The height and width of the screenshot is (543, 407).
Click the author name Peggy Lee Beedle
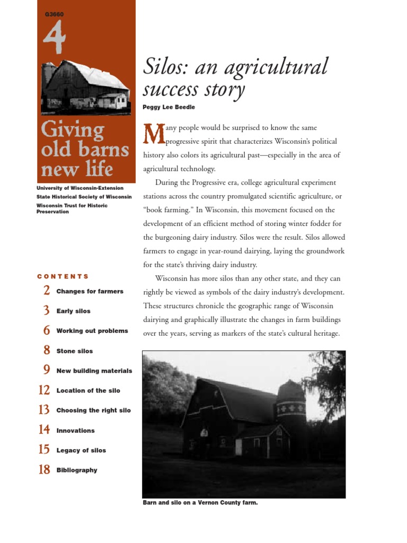point(169,107)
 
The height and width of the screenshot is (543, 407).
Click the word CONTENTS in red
point(63,276)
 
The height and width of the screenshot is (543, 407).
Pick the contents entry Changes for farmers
point(90,291)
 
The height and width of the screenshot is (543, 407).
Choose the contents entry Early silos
point(73,311)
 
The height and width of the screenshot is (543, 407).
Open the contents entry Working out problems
point(92,331)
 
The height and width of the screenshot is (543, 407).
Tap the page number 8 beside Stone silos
point(47,351)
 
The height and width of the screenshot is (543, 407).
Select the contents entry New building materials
point(94,371)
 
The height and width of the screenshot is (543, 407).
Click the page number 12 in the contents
point(45,390)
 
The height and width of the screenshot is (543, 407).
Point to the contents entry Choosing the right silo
point(93,410)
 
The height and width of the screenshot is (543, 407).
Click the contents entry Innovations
point(75,431)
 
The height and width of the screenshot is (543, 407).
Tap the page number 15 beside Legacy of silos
point(45,450)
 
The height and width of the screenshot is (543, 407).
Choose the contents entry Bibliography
point(77,470)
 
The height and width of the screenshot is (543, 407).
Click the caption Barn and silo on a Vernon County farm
point(200,503)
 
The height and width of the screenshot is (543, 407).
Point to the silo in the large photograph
point(291,414)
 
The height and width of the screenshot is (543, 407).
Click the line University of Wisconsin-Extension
point(80,188)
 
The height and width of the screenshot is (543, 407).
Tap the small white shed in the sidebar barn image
point(115,100)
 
